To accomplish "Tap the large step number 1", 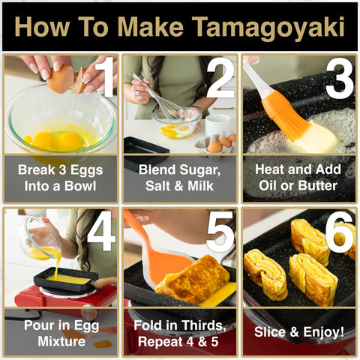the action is point(104,77).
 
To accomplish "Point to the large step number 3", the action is point(340,78).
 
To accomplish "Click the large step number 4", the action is point(102,232).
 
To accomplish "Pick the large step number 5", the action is point(220,232).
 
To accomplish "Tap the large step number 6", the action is point(340,232).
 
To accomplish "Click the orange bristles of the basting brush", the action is point(287,115).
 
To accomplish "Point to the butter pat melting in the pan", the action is point(316,137).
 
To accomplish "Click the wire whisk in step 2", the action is point(160,99).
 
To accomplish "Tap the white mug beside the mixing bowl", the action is point(218,125).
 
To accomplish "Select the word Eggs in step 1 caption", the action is point(86,171).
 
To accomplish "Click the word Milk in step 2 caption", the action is point(201,186).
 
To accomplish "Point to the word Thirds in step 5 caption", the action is point(203,325).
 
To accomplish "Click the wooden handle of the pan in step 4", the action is point(105,282).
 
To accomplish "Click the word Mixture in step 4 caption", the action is point(61,341).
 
